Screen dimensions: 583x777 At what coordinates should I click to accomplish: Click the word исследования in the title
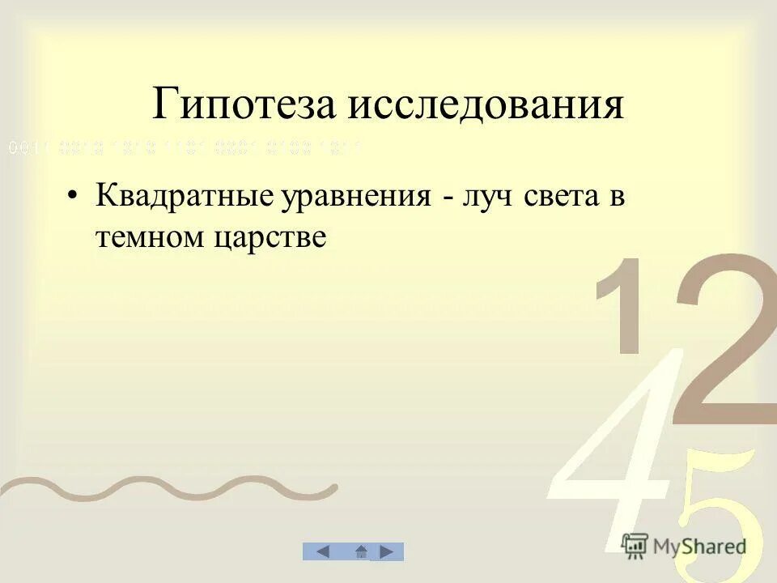coord(487,107)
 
